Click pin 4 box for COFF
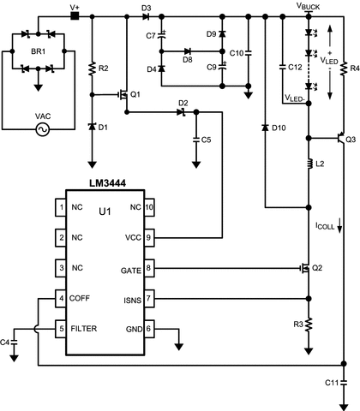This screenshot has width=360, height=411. (x=60, y=298)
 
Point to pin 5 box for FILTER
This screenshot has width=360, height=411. (x=60, y=328)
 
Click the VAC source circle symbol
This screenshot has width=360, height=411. (x=39, y=130)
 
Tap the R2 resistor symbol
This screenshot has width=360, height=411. (x=92, y=66)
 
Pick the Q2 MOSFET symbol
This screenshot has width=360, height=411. (x=302, y=268)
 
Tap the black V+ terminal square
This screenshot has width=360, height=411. (x=75, y=15)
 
